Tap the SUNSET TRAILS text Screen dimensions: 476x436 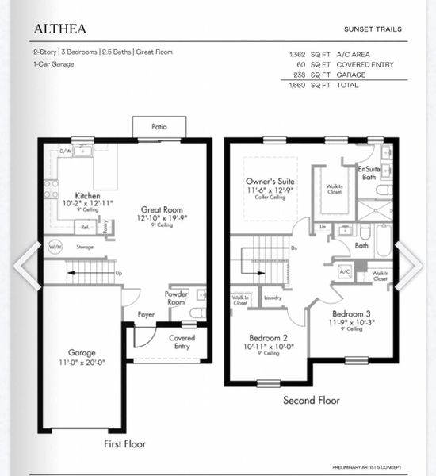373,29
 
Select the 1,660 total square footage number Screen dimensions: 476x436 299,85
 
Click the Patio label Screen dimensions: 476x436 159,126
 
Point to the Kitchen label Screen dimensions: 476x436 87,194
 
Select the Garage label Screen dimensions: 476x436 82,353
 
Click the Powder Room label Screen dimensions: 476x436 176,297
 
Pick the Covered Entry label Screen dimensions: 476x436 182,341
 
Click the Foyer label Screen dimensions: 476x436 146,313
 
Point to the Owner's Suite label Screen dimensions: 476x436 271,182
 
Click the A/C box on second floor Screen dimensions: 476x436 345,271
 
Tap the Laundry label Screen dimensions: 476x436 273,298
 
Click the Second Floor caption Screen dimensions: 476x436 312,401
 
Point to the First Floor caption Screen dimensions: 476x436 125,443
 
